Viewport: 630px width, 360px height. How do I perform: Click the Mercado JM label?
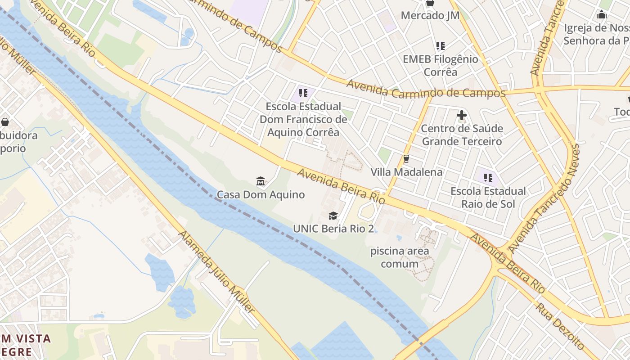pyautogui.click(x=430, y=16)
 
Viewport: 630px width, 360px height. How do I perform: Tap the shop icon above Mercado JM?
pyautogui.click(x=430, y=3)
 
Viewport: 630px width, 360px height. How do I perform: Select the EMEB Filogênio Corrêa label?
pyautogui.click(x=440, y=66)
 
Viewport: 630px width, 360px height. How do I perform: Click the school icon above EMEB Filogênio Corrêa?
pyautogui.click(x=440, y=46)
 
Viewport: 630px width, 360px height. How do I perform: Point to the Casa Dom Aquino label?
pyautogui.click(x=261, y=195)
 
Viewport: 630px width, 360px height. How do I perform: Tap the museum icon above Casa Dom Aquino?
pyautogui.click(x=261, y=181)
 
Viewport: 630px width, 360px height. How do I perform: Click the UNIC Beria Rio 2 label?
pyautogui.click(x=333, y=229)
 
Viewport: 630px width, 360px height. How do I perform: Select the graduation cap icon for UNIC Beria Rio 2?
pyautogui.click(x=333, y=216)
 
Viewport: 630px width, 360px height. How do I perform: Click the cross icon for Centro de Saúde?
pyautogui.click(x=461, y=116)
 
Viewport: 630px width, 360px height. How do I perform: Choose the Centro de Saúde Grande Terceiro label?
pyautogui.click(x=461, y=135)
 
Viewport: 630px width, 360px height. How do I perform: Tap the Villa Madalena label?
pyautogui.click(x=406, y=172)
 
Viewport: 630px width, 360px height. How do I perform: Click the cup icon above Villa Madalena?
pyautogui.click(x=406, y=159)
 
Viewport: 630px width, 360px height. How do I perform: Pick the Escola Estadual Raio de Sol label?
pyautogui.click(x=488, y=198)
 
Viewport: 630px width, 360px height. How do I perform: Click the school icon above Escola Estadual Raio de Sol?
pyautogui.click(x=488, y=177)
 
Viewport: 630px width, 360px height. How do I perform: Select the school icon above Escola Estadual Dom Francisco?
pyautogui.click(x=303, y=93)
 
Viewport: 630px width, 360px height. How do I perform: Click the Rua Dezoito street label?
pyautogui.click(x=559, y=326)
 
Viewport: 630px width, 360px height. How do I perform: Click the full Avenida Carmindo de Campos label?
pyautogui.click(x=426, y=90)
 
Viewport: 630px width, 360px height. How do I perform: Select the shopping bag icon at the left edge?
pyautogui.click(x=5, y=122)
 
